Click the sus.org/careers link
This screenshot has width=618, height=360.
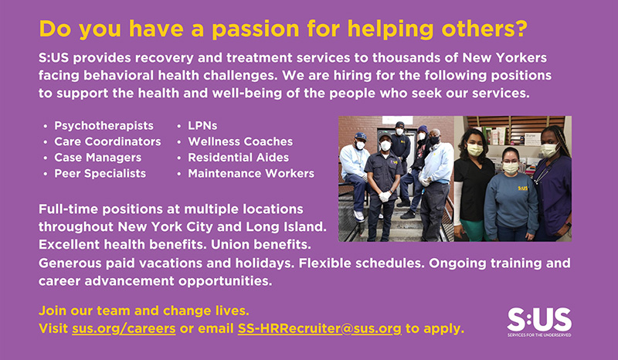click(x=124, y=328)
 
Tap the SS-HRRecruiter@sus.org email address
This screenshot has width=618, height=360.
click(x=320, y=328)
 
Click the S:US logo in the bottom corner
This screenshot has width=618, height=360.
click(x=539, y=322)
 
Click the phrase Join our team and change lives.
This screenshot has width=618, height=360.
click(x=144, y=311)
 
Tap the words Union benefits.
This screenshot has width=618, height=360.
click(x=261, y=244)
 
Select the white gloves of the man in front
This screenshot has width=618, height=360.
click(x=385, y=195)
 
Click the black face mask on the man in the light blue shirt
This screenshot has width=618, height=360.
click(x=434, y=140)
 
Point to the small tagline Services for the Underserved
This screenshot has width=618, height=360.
click(x=539, y=335)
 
